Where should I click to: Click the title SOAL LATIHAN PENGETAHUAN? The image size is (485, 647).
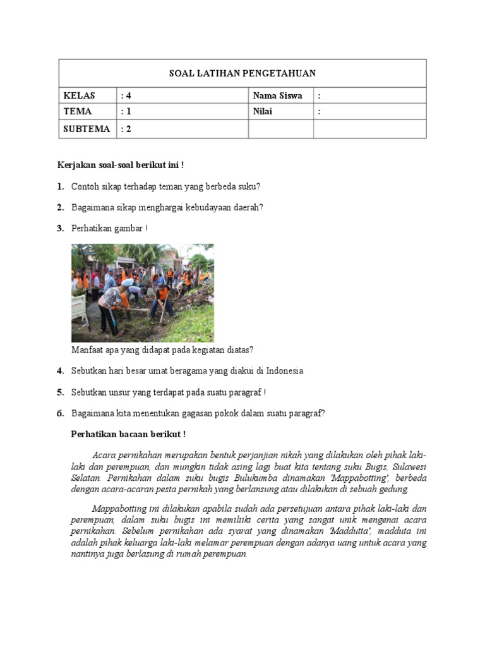242,73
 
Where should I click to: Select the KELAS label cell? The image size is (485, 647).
79,96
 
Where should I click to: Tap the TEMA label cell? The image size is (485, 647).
78,112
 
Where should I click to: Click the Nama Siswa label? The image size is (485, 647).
277,96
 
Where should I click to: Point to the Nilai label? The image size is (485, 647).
263,112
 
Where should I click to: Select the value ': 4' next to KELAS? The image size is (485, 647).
126,96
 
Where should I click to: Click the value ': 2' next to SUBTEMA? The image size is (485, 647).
126,129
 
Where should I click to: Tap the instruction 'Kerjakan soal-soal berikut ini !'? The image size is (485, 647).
121,166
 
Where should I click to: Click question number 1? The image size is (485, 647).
60,186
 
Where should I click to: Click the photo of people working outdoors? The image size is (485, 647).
142,293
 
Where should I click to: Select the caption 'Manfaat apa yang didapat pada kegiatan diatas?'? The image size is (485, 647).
162,350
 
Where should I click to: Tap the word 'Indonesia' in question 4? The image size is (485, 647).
284,371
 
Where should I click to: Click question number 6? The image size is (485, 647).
60,413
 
